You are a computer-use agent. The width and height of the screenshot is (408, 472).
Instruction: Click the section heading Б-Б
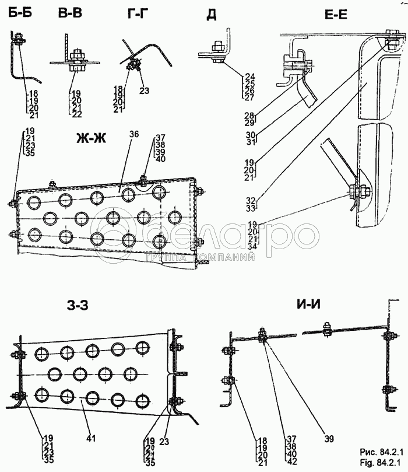[x=20, y=13]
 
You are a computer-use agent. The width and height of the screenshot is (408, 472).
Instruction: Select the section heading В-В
[x=70, y=13]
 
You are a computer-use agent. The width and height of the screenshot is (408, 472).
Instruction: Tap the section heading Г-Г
[x=138, y=13]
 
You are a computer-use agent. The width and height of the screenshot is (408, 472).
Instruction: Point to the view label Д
[x=212, y=15]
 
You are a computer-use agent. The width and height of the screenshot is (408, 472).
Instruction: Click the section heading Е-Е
[x=336, y=14]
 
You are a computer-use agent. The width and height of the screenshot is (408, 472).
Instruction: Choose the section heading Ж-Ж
[x=91, y=138]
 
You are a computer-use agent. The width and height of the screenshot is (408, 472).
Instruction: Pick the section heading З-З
[x=78, y=306]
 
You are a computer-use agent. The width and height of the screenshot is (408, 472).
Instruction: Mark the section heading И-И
[x=308, y=305]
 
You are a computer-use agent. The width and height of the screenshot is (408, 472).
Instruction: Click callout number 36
[x=134, y=134]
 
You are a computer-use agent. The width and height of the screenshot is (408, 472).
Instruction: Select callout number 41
[x=91, y=438]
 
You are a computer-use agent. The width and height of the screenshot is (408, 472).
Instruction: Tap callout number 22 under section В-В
[x=77, y=115]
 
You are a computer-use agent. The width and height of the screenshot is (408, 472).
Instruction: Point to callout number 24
[x=249, y=76]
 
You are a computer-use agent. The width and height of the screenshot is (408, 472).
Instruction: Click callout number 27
[x=249, y=97]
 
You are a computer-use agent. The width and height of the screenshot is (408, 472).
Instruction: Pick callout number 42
[x=291, y=461]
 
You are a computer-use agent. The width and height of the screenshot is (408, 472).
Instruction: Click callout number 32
[x=251, y=201]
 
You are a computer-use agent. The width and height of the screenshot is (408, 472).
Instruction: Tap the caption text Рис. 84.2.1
[x=382, y=452]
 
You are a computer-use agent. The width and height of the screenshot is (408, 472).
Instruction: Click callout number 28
[x=250, y=116]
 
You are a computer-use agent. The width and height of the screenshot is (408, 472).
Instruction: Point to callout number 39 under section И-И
[x=329, y=439]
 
